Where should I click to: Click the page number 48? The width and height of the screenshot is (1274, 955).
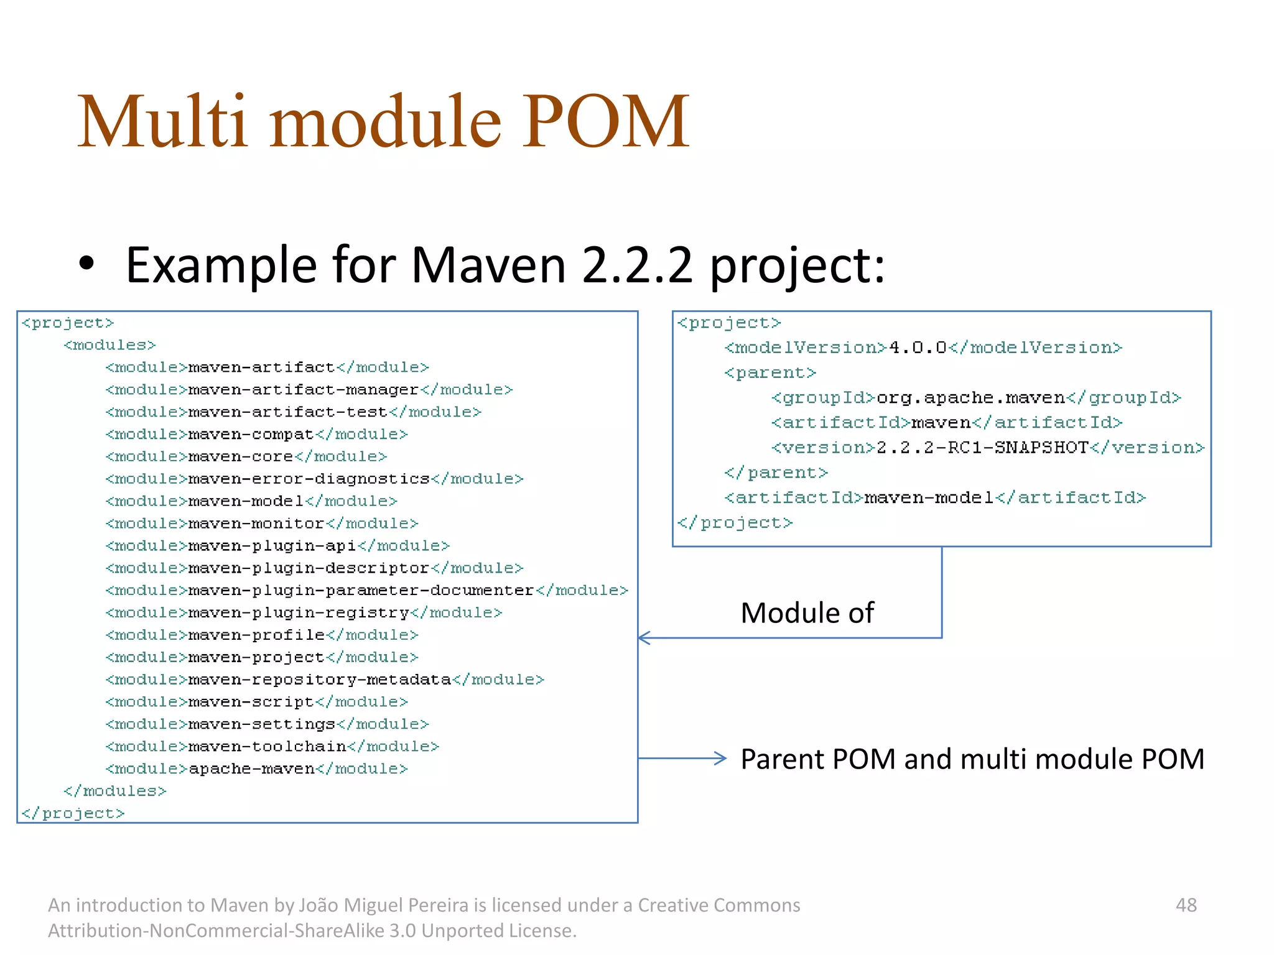[x=1186, y=905]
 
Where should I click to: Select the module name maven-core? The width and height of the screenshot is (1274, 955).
[x=241, y=457]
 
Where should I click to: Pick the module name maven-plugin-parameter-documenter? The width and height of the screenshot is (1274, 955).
[x=361, y=591]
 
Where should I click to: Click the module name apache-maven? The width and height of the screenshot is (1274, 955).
[x=251, y=769]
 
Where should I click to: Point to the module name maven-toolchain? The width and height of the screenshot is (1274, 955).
[x=267, y=747]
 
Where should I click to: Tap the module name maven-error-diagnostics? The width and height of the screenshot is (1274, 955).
[x=309, y=479]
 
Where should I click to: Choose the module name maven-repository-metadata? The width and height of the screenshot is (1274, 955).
[x=319, y=680]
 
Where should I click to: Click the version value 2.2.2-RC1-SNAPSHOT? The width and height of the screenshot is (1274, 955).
[x=982, y=448]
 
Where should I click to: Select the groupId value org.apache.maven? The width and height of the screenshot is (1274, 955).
[x=970, y=398]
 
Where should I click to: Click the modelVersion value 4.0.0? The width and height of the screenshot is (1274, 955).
[x=918, y=348]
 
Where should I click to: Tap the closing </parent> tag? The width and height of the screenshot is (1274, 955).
[x=776, y=473]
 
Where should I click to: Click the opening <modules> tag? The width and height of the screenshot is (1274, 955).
[x=109, y=345]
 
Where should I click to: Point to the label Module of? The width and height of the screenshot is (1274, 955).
[x=807, y=613]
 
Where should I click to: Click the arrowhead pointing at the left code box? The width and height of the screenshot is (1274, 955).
[x=644, y=638]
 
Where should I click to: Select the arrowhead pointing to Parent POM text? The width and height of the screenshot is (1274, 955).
[x=720, y=759]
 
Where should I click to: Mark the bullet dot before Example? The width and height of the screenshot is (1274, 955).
[x=86, y=264]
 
